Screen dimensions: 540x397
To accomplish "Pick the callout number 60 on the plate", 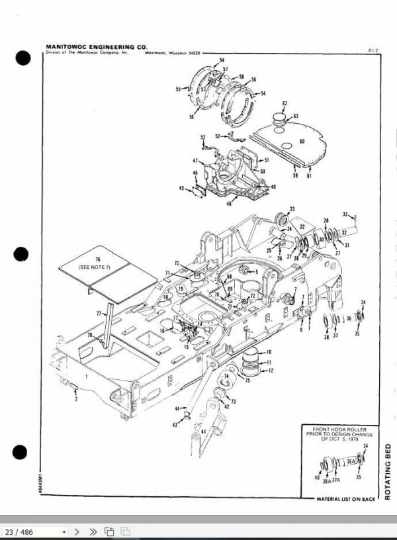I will (302, 140).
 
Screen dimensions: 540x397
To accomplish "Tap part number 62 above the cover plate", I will (285, 103).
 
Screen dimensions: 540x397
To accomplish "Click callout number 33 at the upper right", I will (345, 214).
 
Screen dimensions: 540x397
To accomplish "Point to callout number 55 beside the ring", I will (178, 88).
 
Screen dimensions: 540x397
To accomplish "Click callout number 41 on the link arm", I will (203, 431).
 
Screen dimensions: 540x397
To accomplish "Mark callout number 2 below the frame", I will (76, 400).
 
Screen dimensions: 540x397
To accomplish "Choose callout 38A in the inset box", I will (327, 482).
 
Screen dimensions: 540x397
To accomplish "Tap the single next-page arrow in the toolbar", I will (77, 531).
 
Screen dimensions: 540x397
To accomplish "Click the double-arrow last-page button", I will (93, 531).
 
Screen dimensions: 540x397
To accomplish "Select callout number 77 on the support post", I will (99, 311).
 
